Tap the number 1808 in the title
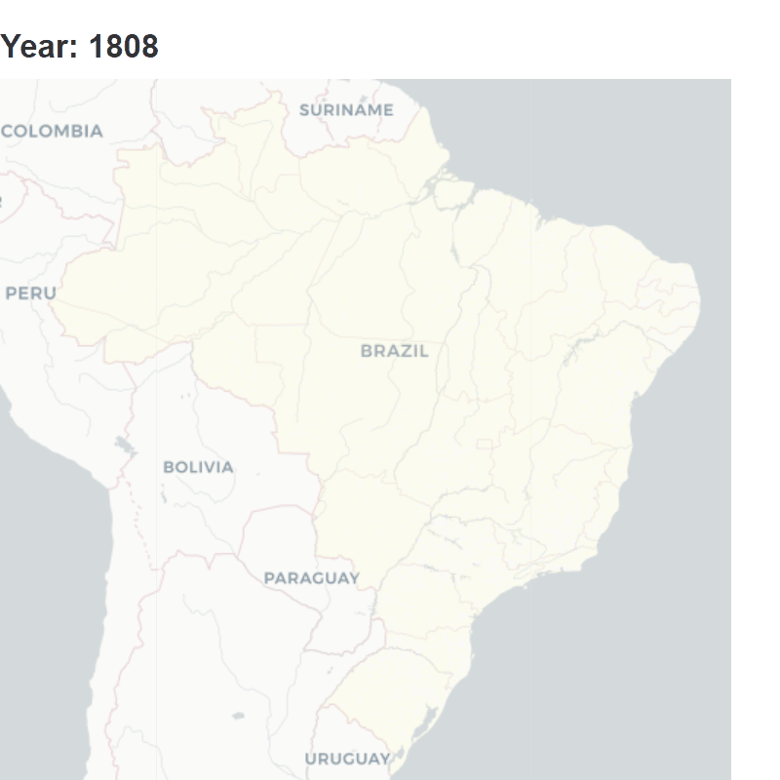click(123, 46)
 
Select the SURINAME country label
click(346, 110)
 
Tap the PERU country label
click(30, 292)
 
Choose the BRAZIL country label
click(394, 351)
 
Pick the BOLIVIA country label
click(198, 467)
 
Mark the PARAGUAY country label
click(311, 578)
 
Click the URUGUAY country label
click(347, 759)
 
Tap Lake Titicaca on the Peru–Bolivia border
click(124, 446)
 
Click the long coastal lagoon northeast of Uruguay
click(425, 724)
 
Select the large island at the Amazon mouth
click(451, 192)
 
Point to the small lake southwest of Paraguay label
click(238, 716)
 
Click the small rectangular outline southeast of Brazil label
click(485, 444)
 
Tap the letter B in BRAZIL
click(366, 351)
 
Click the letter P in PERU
click(11, 292)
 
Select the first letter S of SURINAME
click(304, 110)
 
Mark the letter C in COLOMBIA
click(8, 131)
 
